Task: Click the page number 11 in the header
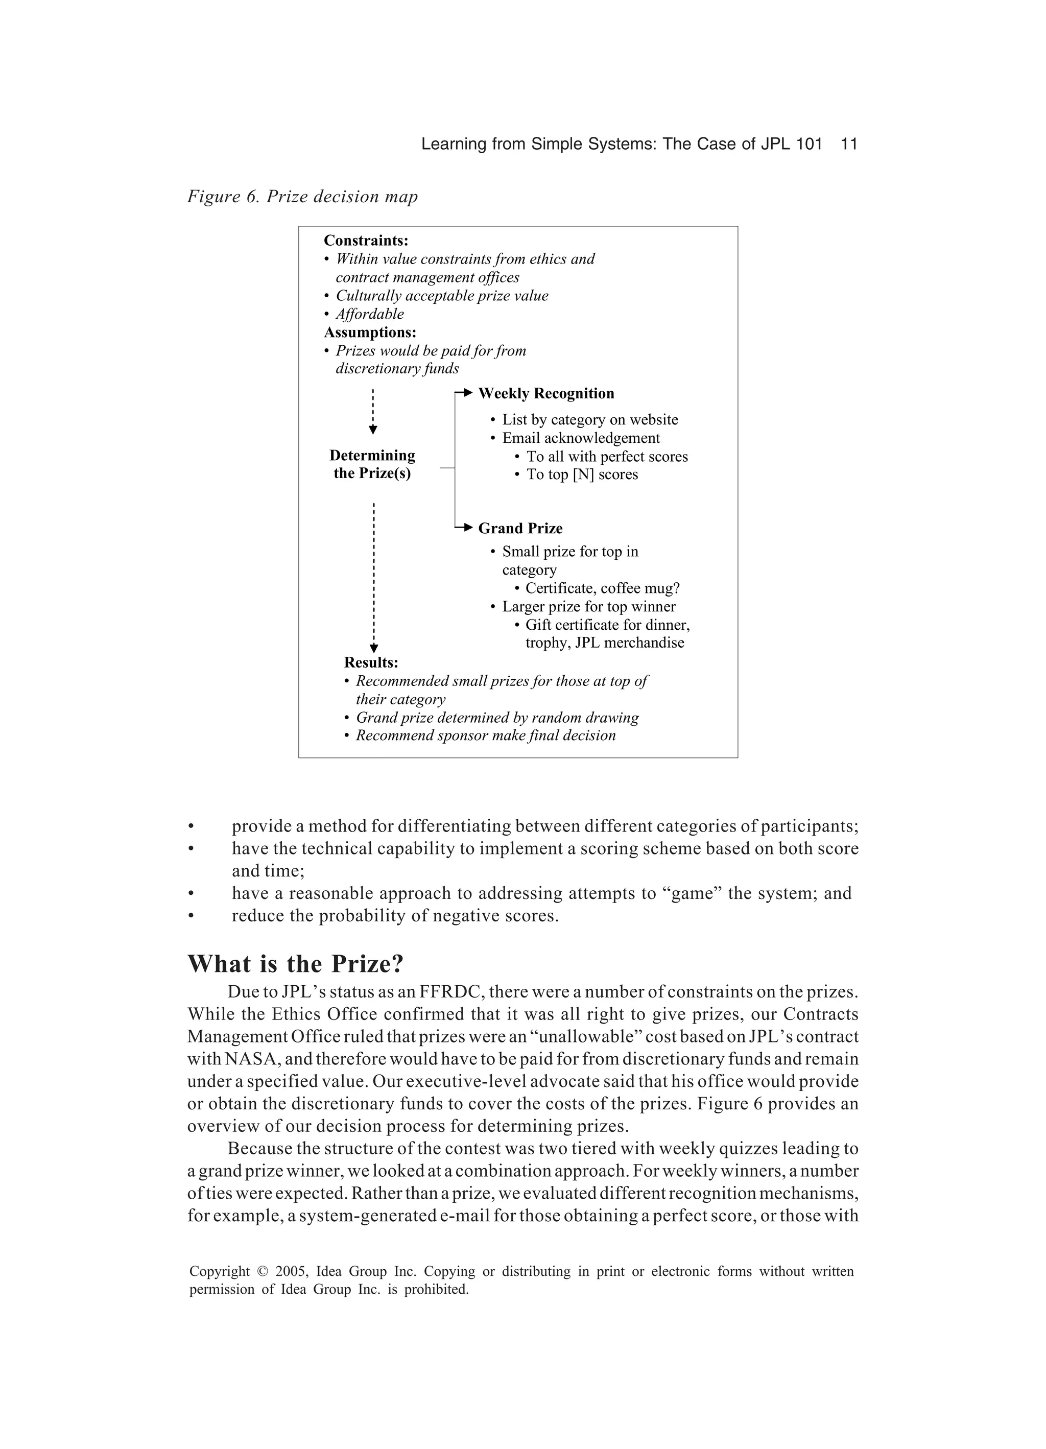pyautogui.click(x=848, y=145)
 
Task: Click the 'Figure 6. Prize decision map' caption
pyautogui.click(x=302, y=197)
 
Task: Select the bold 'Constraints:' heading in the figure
pyautogui.click(x=366, y=241)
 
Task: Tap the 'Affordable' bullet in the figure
pyautogui.click(x=369, y=314)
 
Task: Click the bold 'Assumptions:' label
pyautogui.click(x=370, y=332)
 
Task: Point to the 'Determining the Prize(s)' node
pyautogui.click(x=372, y=464)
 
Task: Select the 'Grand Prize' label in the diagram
pyautogui.click(x=520, y=528)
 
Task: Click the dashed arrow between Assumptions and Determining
pyautogui.click(x=373, y=412)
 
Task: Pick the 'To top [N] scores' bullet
pyautogui.click(x=581, y=474)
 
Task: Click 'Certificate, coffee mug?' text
pyautogui.click(x=602, y=588)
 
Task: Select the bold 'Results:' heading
pyautogui.click(x=371, y=662)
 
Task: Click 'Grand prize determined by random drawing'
pyautogui.click(x=496, y=718)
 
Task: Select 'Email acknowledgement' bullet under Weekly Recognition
pyautogui.click(x=580, y=438)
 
